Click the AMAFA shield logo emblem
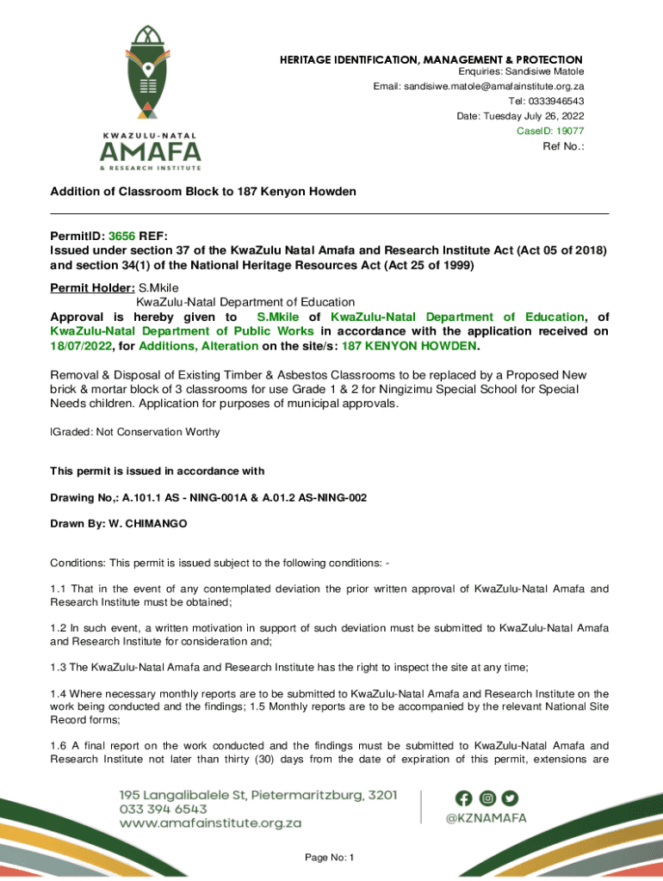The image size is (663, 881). tap(151, 73)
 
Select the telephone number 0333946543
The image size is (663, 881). tap(552, 102)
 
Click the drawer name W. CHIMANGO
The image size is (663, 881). tap(149, 524)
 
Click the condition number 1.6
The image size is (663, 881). tap(58, 745)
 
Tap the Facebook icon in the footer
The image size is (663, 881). tap(466, 798)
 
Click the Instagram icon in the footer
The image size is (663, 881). tap(487, 798)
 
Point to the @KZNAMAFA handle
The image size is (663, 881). tap(486, 821)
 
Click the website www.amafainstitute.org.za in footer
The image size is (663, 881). tap(210, 822)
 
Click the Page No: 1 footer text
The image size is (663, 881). tap(331, 858)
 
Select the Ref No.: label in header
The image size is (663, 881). tap(563, 146)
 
